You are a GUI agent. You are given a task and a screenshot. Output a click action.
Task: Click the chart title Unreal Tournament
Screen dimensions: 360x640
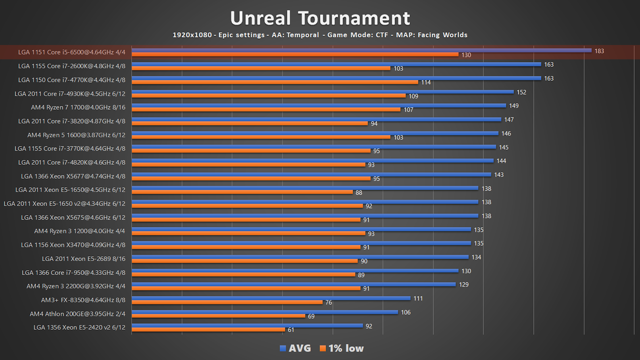(x=320, y=18)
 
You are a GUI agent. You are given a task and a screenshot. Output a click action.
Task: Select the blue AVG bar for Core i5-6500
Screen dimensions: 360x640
(x=361, y=50)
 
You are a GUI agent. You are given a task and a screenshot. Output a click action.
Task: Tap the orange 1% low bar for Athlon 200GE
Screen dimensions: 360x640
(x=218, y=316)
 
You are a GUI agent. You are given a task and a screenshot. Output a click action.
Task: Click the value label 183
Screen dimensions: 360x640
(x=599, y=51)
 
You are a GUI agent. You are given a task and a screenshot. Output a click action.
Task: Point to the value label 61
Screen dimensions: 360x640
(x=291, y=330)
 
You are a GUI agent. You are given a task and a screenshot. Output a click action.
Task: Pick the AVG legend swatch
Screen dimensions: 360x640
(x=283, y=348)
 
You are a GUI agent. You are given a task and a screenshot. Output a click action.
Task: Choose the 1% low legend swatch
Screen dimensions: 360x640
(x=322, y=348)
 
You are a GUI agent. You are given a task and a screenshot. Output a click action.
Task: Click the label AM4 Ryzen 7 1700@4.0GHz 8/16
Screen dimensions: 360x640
(x=78, y=107)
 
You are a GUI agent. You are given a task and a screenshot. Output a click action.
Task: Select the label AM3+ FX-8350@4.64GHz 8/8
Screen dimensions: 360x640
(x=83, y=300)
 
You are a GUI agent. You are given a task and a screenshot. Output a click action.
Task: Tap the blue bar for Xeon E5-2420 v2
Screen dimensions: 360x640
(x=247, y=326)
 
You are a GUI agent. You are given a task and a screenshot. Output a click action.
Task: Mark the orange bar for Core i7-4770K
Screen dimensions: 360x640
(x=275, y=82)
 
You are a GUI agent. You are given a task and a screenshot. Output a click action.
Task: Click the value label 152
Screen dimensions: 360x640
(x=521, y=92)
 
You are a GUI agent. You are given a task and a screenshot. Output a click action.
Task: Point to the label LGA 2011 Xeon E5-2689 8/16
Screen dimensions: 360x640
(x=84, y=259)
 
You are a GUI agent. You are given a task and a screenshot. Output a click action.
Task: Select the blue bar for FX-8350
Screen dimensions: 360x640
(x=271, y=298)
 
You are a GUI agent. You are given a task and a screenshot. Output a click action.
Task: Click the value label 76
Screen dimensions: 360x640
(x=328, y=302)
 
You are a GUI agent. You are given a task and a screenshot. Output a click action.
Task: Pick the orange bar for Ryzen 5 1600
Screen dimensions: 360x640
(x=261, y=137)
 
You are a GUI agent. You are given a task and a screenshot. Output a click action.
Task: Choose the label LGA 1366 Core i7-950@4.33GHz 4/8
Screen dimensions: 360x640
(x=73, y=273)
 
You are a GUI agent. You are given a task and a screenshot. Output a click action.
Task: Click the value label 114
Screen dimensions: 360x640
(x=426, y=82)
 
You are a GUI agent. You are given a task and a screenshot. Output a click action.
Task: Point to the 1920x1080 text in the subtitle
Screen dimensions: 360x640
(x=192, y=35)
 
